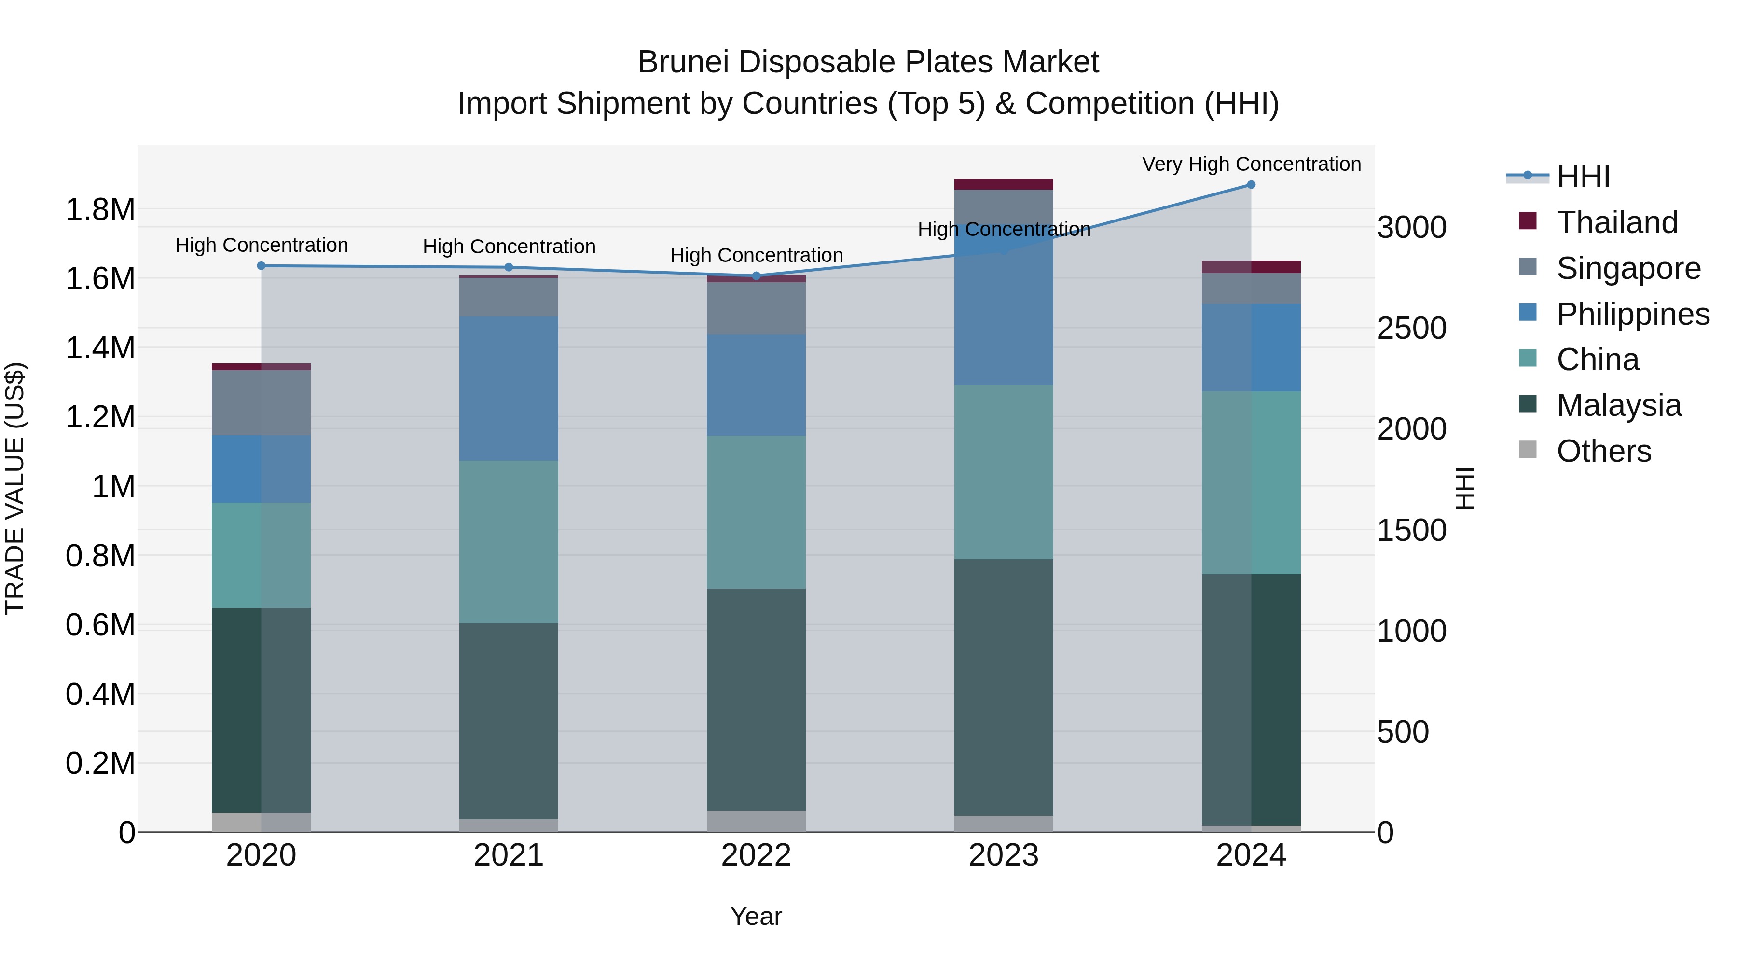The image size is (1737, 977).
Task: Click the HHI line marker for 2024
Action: point(1251,185)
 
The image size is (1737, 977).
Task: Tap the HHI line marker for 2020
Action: point(262,266)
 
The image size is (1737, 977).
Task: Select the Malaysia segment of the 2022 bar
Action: point(756,699)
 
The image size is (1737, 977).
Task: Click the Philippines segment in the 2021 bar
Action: point(509,388)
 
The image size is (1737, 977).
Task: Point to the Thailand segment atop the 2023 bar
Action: point(1004,184)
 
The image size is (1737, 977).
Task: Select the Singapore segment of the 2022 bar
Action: point(756,308)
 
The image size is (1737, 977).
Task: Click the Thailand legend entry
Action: point(1616,222)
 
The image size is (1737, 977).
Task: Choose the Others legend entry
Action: point(1603,451)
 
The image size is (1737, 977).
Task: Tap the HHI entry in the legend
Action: point(1583,177)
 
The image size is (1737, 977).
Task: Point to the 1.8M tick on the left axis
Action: point(100,210)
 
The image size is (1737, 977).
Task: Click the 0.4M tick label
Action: point(100,694)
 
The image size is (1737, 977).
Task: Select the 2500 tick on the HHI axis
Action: point(1411,329)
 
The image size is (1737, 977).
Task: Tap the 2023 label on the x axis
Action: point(1004,855)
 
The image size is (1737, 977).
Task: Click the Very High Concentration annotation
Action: point(1251,164)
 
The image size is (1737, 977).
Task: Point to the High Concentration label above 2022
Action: point(756,256)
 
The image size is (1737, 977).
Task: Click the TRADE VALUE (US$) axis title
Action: point(15,488)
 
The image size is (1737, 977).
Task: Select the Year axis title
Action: point(756,916)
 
